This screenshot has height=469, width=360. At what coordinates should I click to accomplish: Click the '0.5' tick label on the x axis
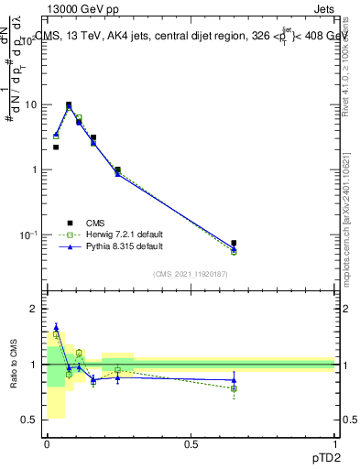191,443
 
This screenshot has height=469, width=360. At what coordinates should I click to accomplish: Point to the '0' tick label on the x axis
47,443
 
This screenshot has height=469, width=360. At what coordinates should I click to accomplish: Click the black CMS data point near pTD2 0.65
235,244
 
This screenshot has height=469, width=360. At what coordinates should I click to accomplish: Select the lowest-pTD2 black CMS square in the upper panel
56,147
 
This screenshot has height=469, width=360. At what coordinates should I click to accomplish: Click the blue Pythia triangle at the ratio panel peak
56,327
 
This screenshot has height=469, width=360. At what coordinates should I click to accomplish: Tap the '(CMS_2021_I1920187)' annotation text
190,273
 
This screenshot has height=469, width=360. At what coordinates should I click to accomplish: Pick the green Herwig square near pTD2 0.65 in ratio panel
235,388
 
